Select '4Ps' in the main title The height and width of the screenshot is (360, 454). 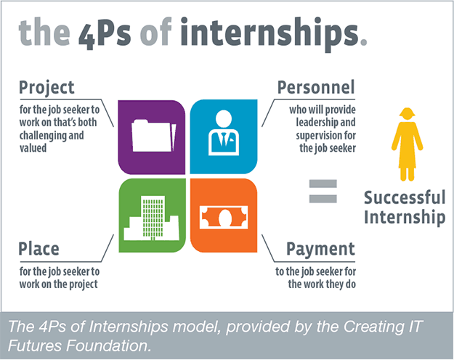pyautogui.click(x=105, y=34)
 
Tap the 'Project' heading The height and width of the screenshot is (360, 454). pyautogui.click(x=46, y=87)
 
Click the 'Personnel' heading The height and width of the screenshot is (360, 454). pyautogui.click(x=316, y=87)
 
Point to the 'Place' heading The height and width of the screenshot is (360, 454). pyautogui.click(x=38, y=248)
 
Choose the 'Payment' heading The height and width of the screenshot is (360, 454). pyautogui.click(x=320, y=249)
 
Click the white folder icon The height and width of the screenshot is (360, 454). pyautogui.click(x=154, y=136)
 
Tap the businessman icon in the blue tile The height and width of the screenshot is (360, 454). pyautogui.click(x=224, y=133)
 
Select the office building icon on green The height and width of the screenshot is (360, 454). pyautogui.click(x=151, y=218)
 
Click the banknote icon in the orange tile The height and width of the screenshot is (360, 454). pyautogui.click(x=224, y=217)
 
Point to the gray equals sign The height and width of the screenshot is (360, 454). pyautogui.click(x=323, y=191)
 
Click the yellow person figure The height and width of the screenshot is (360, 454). pyautogui.click(x=407, y=144)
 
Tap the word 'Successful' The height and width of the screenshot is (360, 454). pyautogui.click(x=405, y=197)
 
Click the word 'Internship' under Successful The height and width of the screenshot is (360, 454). pyautogui.click(x=405, y=217)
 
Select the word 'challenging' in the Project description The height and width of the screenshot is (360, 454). pyautogui.click(x=38, y=136)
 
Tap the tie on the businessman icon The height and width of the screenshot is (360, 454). pyautogui.click(x=224, y=139)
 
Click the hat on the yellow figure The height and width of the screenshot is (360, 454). pyautogui.click(x=407, y=112)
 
